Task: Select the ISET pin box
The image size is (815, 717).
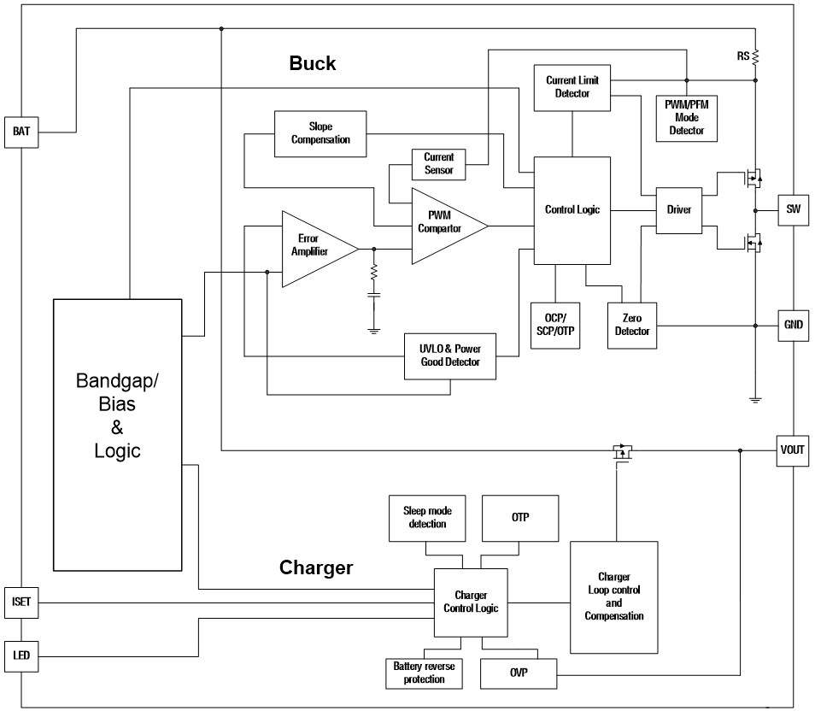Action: pos(21,602)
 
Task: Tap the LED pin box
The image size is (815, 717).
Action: pos(21,655)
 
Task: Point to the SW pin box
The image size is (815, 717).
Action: pos(792,209)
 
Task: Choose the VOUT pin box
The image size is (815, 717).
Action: pos(792,450)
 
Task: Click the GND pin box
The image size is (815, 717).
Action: pos(792,325)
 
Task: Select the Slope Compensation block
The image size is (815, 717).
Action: pos(320,133)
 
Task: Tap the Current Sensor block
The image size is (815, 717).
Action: pos(439,164)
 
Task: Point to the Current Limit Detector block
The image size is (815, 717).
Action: pos(572,87)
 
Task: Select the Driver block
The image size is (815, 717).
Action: pos(678,210)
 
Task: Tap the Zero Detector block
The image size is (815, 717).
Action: pos(632,325)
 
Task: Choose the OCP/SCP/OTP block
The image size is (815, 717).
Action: pos(555,325)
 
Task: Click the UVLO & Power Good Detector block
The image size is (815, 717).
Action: pos(450,356)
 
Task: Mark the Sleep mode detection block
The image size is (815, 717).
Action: pos(427,518)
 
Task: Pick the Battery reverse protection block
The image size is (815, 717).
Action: pos(424,673)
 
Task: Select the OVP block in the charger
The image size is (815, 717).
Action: pos(519,673)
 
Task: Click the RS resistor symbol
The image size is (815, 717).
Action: pos(756,58)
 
